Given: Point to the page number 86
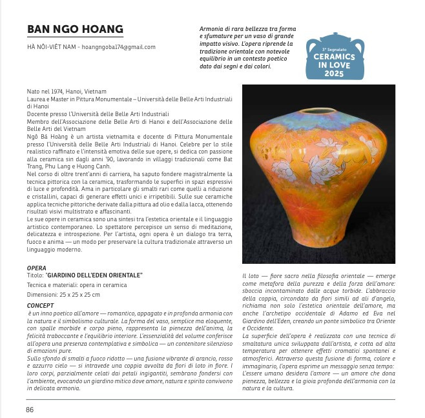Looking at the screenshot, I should coord(30,409).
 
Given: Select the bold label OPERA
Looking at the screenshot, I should coord(37,266).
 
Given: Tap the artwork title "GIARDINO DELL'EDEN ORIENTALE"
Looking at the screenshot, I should coord(94,275).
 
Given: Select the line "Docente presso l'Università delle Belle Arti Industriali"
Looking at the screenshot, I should coord(95,114).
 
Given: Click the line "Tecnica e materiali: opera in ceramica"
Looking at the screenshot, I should coord(77,284).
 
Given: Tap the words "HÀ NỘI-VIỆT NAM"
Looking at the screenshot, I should coord(50,47).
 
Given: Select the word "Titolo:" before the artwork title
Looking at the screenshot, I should coord(36,275).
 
